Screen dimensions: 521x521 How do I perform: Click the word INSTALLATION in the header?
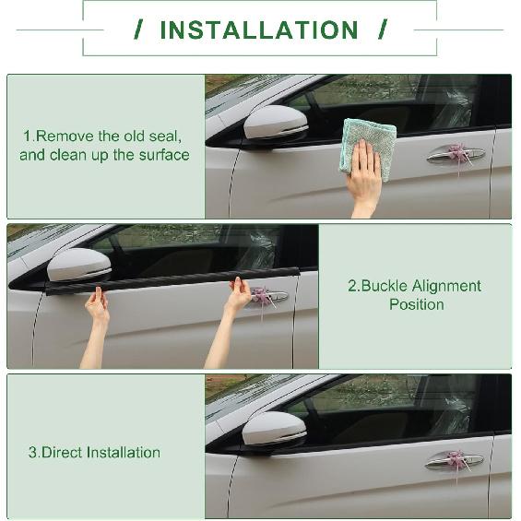pyautogui.click(x=258, y=30)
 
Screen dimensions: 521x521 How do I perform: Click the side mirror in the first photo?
pyautogui.click(x=275, y=124)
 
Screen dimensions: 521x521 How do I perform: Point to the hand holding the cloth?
pyautogui.click(x=363, y=180)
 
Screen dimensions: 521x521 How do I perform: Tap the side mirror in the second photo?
pyautogui.click(x=78, y=266)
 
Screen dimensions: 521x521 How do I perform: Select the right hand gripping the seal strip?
pyautogui.click(x=238, y=294)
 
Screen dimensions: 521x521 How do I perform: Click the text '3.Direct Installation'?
pyautogui.click(x=94, y=453)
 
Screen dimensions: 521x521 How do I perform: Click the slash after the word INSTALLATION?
pyautogui.click(x=382, y=30)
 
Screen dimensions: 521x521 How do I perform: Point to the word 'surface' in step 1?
pyautogui.click(x=163, y=155)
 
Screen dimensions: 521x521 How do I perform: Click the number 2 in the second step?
pyautogui.click(x=352, y=286)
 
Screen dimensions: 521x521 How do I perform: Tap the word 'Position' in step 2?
pyautogui.click(x=416, y=304)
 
